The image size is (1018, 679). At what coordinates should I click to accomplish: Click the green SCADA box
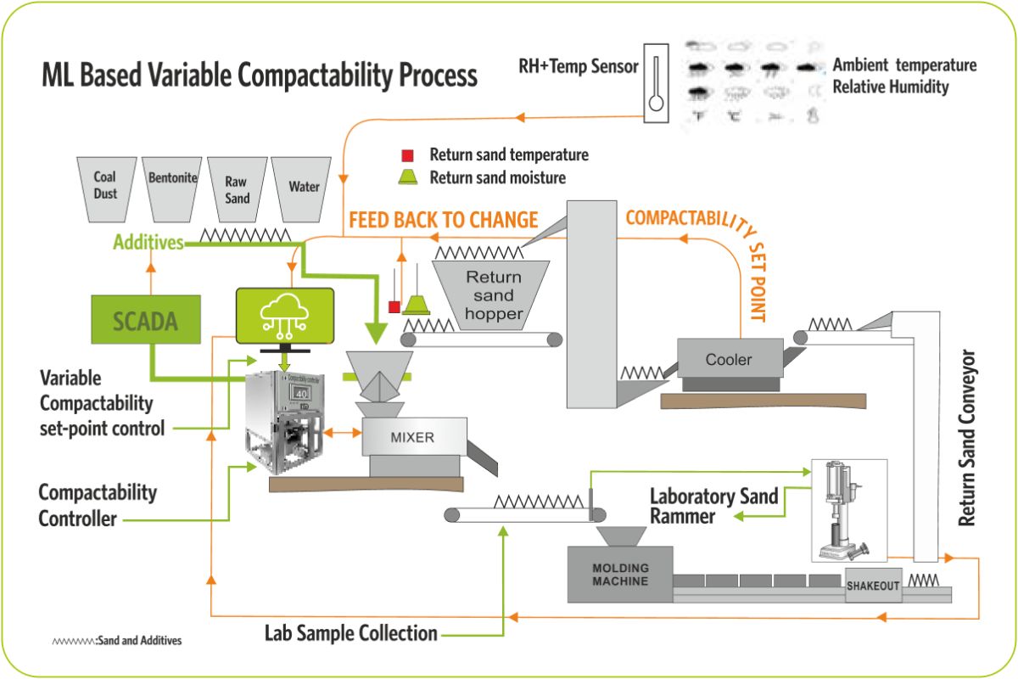[x=145, y=319]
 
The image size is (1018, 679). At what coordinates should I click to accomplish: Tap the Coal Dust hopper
[x=105, y=187]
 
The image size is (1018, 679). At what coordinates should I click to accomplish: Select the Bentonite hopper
[x=172, y=187]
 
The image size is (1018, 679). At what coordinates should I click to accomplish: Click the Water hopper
[x=303, y=187]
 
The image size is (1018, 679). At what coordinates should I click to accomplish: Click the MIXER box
[x=413, y=438]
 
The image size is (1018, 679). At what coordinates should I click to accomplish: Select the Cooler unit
[x=729, y=359]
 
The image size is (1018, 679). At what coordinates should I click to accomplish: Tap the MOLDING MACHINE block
[x=620, y=575]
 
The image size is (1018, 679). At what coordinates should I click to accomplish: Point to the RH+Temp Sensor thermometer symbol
[x=656, y=83]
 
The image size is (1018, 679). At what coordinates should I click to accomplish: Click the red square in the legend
[x=407, y=155]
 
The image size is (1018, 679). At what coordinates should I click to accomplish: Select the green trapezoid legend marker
[x=408, y=177]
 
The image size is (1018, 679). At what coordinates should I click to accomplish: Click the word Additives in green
[x=149, y=243]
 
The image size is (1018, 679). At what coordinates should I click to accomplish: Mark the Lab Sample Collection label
[x=351, y=633]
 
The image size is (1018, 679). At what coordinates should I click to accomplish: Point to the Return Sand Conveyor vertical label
[x=968, y=438]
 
